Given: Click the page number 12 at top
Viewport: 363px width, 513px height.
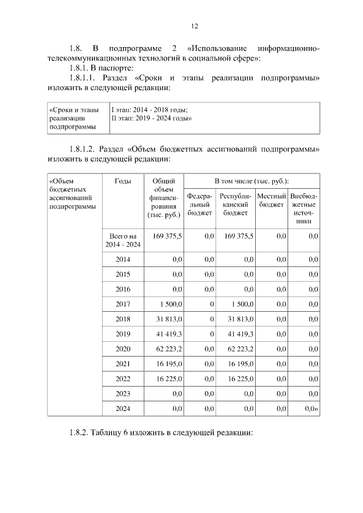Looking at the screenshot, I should (194, 26).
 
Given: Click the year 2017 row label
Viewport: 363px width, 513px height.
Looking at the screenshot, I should (123, 304).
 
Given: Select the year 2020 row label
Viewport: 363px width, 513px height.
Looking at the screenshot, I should (123, 349).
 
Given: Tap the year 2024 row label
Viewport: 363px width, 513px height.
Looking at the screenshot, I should (123, 408).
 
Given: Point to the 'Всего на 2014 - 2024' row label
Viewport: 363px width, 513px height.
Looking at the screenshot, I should (123, 240).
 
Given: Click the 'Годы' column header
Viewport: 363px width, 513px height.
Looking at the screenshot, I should (123, 181).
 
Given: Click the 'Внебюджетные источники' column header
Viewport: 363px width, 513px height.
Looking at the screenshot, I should (303, 208).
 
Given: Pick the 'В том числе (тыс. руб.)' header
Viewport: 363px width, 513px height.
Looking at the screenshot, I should (251, 180).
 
